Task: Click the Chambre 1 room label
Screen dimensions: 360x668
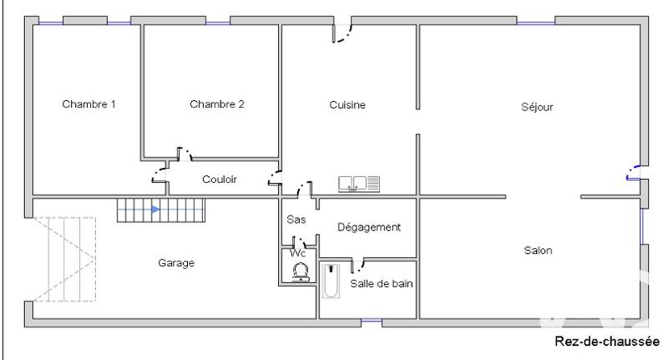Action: tap(89, 104)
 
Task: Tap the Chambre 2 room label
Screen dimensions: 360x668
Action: tap(217, 104)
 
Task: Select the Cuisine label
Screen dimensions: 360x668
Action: tap(347, 104)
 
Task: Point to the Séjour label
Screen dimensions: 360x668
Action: tap(537, 107)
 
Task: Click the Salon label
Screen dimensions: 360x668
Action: tap(537, 250)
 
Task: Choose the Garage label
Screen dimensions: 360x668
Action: tap(176, 263)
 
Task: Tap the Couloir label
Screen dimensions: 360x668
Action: tap(220, 179)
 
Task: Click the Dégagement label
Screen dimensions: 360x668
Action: tap(369, 226)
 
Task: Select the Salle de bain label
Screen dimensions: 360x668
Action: tap(382, 283)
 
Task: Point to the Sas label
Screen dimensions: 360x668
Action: tap(296, 220)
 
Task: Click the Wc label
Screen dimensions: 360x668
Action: tap(297, 252)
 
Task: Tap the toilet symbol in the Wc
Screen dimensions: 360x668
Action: tap(301, 271)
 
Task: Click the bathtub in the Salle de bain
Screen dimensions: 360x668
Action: tap(329, 282)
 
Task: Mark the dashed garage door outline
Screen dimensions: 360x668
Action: tap(65, 260)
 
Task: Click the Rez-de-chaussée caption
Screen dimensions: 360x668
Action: tap(607, 342)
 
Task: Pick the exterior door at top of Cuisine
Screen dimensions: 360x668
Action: tap(342, 32)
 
